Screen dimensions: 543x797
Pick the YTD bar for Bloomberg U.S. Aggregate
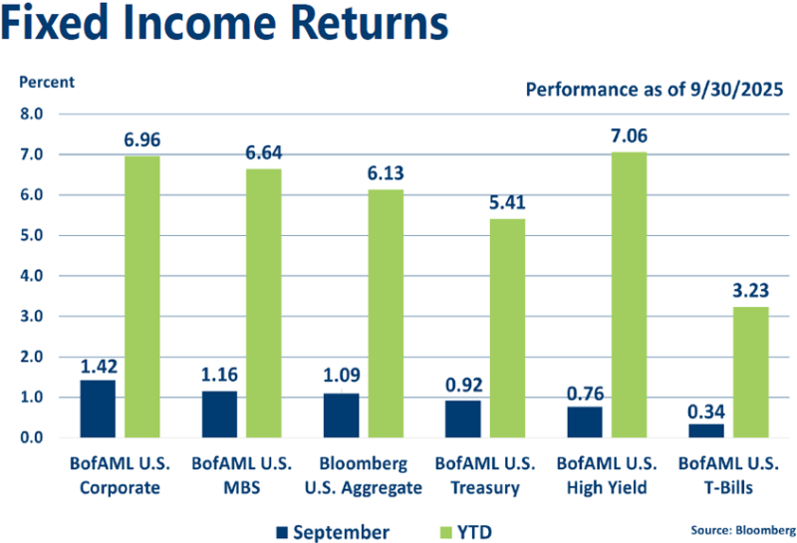pos(385,314)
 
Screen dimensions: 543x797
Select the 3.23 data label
pos(750,291)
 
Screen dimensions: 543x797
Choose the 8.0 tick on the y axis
pos(32,114)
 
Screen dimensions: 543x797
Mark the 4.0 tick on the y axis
pos(32,276)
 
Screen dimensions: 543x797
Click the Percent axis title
pos(44,83)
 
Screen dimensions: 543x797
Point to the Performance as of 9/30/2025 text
pos(655,91)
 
